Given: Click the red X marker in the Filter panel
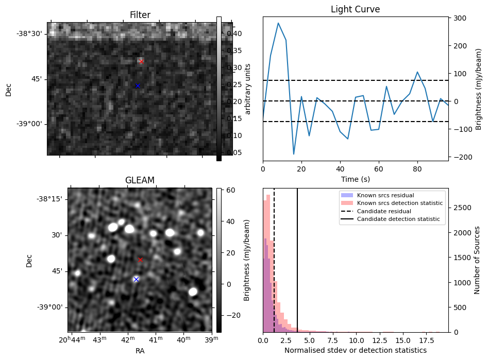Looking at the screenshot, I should tap(141, 61).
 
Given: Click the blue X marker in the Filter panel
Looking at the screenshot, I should tap(138, 85).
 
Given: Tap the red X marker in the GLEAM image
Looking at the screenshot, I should tap(140, 260).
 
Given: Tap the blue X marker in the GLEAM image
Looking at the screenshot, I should tap(136, 279).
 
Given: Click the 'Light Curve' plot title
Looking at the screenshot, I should tap(355, 9).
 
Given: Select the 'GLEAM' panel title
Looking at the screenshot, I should tap(140, 180).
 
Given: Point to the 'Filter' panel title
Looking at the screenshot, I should tap(140, 15).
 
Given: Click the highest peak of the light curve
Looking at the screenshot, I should tap(278, 23).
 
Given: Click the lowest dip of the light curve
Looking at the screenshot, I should tap(294, 154).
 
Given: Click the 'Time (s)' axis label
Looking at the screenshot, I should tap(355, 179).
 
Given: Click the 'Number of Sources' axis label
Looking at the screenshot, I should tap(477, 260).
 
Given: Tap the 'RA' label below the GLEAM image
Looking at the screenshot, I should tap(140, 351).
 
